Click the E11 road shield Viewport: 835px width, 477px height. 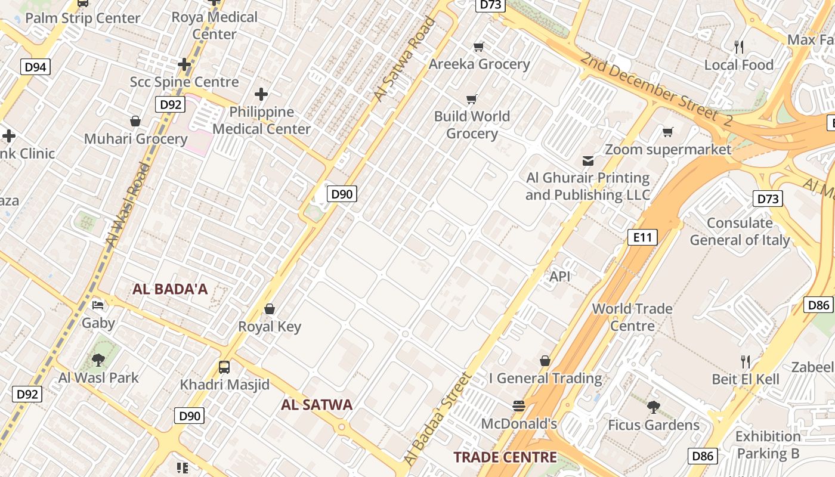point(642,237)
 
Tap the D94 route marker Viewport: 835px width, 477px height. point(35,67)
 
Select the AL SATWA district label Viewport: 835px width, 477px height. point(317,405)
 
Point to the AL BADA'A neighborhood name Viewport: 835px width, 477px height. point(170,289)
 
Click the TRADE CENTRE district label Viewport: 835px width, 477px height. point(505,457)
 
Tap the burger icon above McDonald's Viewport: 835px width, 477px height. point(518,406)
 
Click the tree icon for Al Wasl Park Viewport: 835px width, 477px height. point(98,360)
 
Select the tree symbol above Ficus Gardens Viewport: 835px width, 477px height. point(653,407)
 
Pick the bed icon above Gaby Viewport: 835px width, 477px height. point(98,305)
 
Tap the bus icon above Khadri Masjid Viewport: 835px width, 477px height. point(224,367)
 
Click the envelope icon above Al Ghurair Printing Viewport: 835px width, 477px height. point(588,160)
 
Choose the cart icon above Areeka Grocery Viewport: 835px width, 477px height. point(478,47)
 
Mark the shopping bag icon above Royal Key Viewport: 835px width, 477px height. point(270,309)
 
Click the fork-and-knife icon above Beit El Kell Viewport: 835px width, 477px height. point(745,361)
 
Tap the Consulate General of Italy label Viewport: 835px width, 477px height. point(740,231)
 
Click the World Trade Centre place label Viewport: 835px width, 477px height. point(632,317)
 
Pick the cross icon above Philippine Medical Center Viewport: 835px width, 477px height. point(261,94)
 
